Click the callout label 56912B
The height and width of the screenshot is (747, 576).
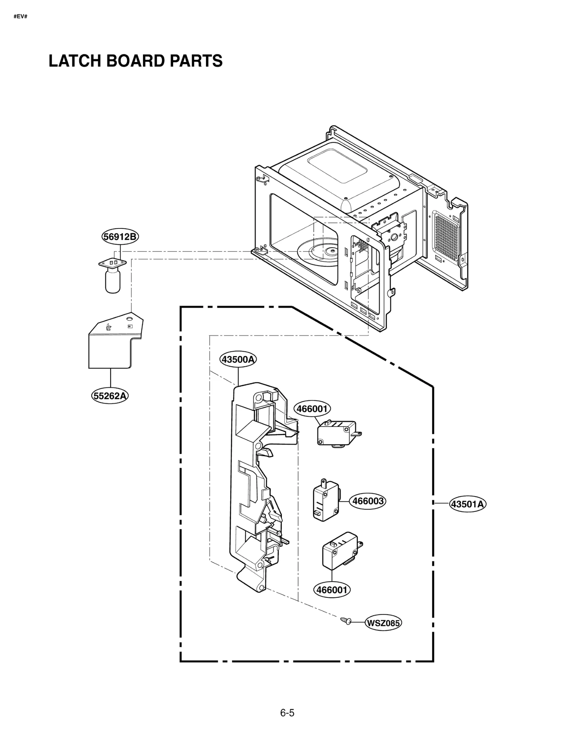point(120,237)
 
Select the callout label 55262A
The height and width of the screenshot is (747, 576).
point(110,396)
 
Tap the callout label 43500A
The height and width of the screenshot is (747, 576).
point(238,359)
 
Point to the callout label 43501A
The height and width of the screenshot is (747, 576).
point(467,504)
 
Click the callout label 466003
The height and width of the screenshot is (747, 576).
point(368,501)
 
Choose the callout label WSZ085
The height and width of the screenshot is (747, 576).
point(383,623)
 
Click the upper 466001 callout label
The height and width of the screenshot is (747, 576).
point(312,409)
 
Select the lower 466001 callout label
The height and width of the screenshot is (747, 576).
point(332,590)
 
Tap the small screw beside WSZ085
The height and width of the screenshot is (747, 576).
point(346,620)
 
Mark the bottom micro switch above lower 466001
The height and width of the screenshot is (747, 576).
point(341,551)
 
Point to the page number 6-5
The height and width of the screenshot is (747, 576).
point(287,713)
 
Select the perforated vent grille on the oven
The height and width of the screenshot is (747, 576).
point(446,236)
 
